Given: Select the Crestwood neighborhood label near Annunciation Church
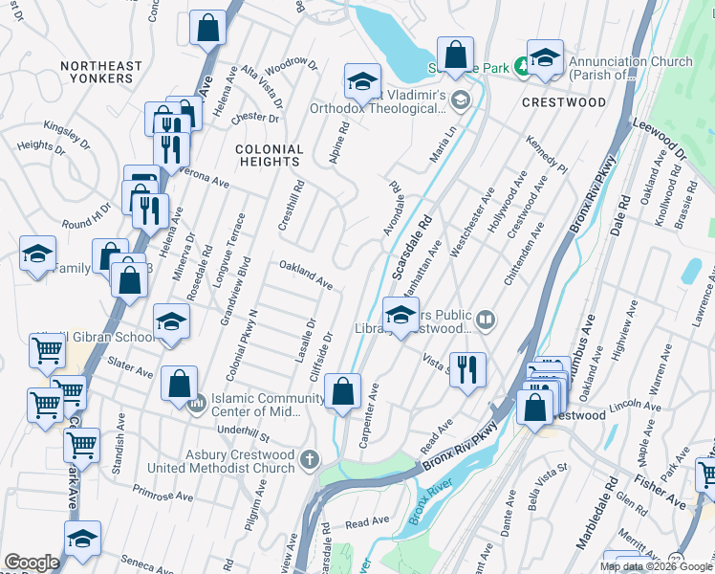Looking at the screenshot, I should [x=564, y=102].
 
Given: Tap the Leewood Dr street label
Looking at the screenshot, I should [x=660, y=140].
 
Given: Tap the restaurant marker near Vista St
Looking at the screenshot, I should [x=467, y=369].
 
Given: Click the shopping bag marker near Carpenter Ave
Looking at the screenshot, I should [x=342, y=390].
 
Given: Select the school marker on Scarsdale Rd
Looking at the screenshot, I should [x=401, y=314].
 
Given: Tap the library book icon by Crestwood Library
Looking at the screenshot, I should [x=486, y=320].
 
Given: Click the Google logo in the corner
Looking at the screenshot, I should [x=32, y=562].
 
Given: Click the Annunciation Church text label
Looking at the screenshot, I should [x=630, y=68].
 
